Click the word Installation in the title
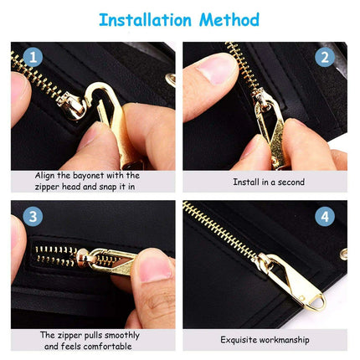coord(150,19)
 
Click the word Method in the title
coord(232,19)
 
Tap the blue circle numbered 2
coord(325,58)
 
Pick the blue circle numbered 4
coord(325,217)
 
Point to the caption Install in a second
coord(268,181)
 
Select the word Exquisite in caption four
coord(240,340)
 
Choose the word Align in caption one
coord(47,175)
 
